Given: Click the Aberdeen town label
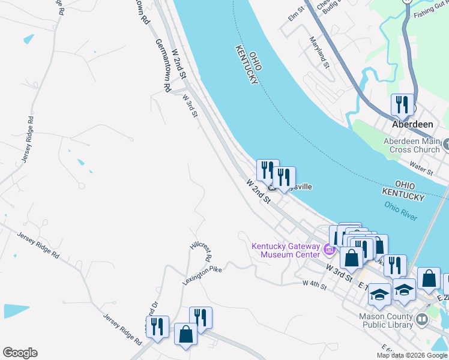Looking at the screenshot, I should click(412, 124).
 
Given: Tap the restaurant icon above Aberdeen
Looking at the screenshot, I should click(402, 105).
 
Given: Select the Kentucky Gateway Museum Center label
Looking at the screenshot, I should click(286, 250).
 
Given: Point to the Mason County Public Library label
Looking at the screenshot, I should click(387, 320).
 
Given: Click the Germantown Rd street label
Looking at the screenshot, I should click(163, 65).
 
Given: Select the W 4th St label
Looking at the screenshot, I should click(315, 284).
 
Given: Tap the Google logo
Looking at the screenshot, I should click(20, 353).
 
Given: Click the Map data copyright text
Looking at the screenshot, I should click(412, 355).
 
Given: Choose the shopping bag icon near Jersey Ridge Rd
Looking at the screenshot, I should click(185, 335).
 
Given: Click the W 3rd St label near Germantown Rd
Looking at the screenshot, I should click(190, 105).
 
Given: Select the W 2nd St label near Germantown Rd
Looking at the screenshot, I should click(179, 64).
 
